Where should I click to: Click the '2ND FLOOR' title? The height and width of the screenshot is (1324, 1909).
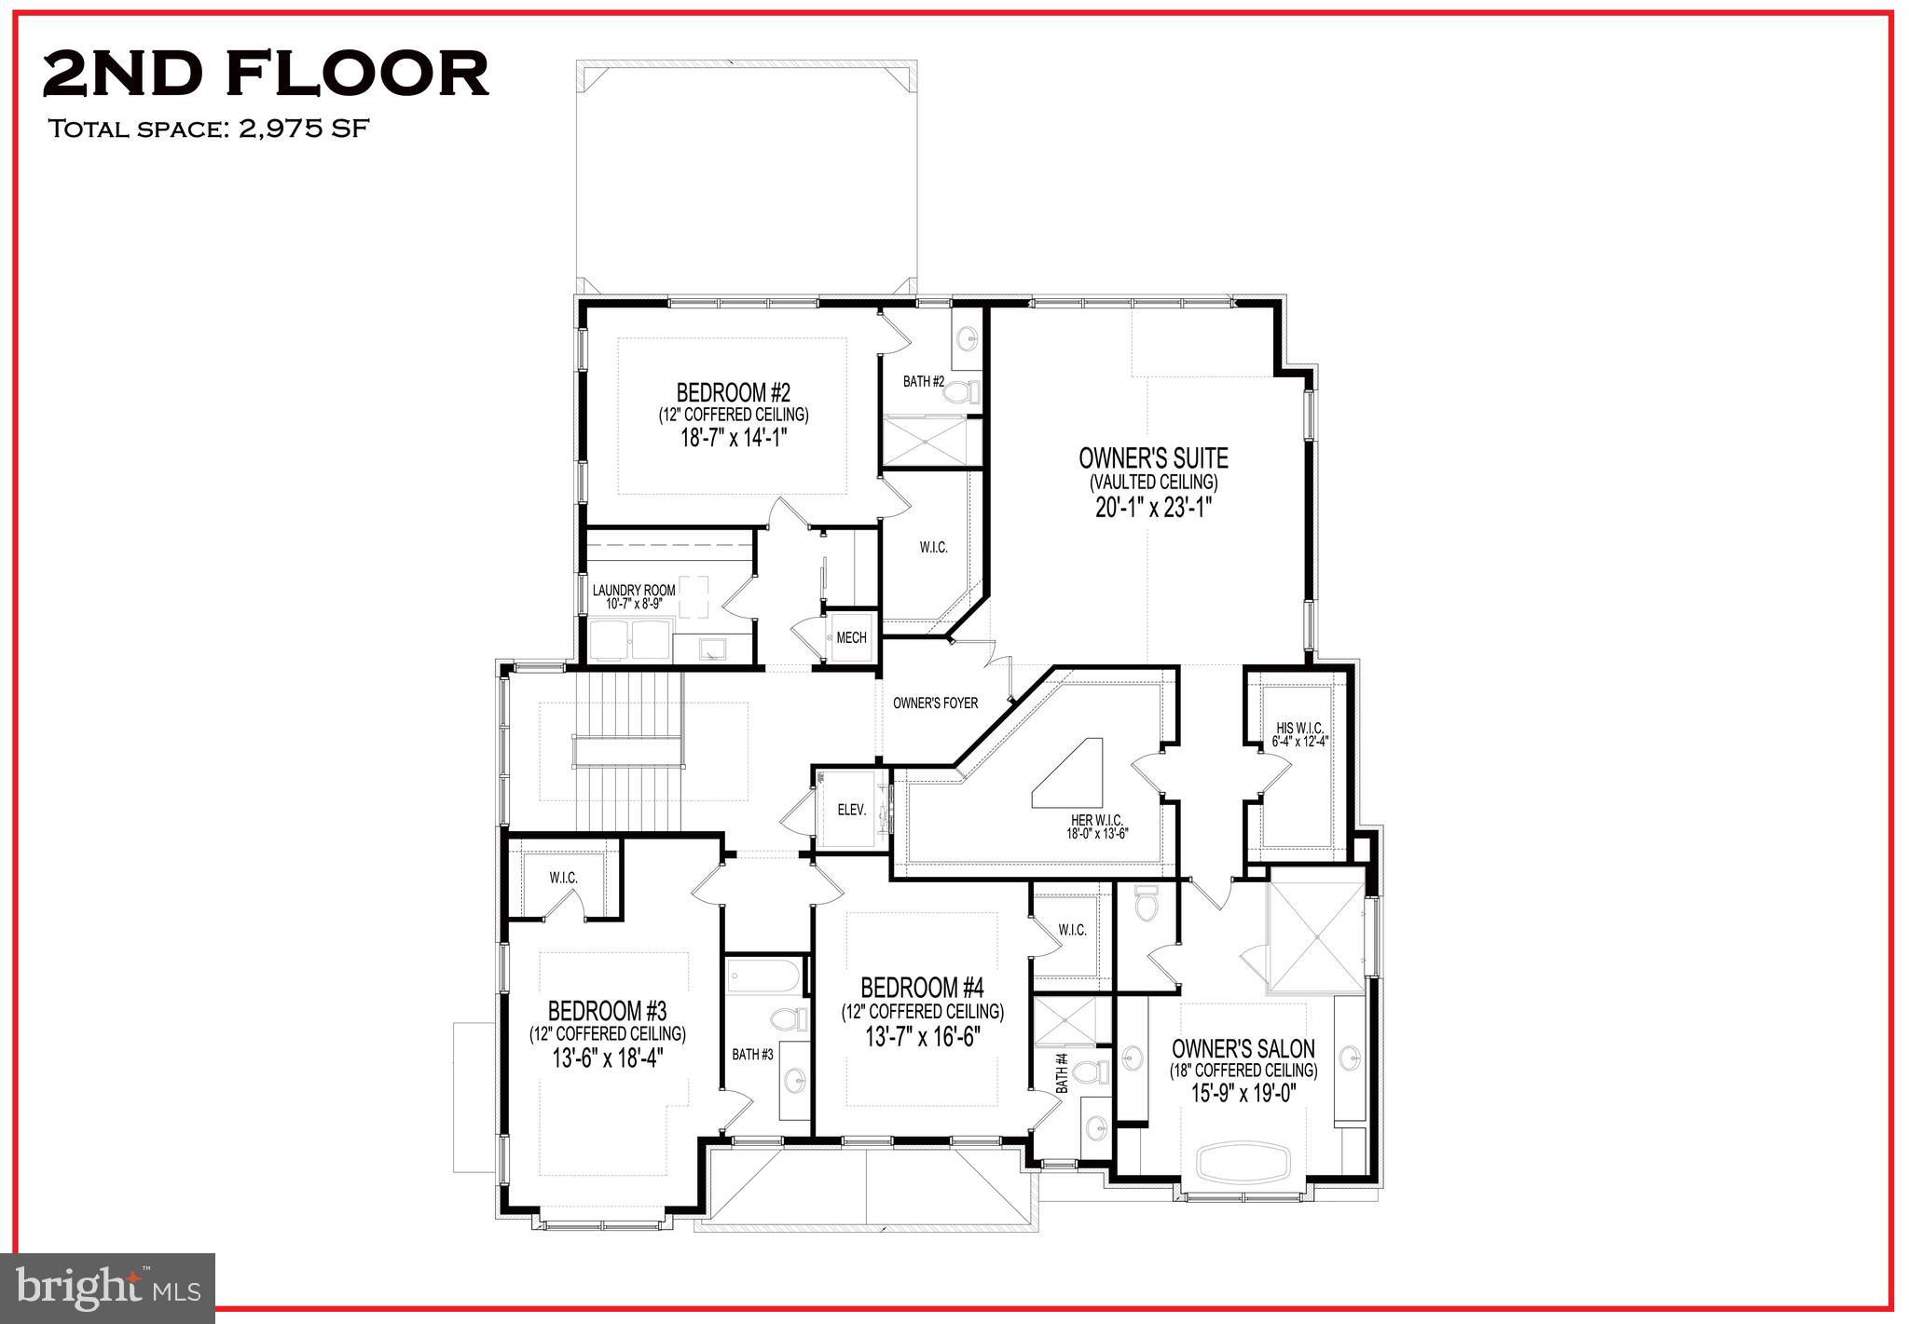pos(266,75)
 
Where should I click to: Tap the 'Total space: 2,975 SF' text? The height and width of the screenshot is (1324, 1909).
pos(209,129)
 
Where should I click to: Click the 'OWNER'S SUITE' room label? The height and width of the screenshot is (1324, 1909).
pos(1153,458)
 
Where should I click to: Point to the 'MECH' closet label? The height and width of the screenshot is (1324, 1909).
pos(850,638)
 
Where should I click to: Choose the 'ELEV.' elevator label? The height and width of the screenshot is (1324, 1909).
pos(851,811)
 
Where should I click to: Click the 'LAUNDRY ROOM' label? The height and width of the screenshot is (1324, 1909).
pos(633,591)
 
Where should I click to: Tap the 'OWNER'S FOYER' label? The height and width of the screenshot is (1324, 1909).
pos(935,703)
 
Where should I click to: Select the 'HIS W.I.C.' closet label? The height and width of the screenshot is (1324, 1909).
pos(1299,728)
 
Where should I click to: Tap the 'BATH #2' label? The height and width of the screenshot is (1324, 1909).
pos(923,382)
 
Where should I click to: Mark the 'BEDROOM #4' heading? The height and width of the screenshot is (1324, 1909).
pos(922,988)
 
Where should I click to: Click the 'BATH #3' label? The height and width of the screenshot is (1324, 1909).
pos(752,1055)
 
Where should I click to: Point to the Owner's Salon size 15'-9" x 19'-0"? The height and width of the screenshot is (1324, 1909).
pos(1243,1093)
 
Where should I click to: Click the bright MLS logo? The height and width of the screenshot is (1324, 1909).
pos(109,1289)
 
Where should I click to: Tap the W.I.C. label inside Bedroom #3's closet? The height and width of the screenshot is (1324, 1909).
pos(563,879)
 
